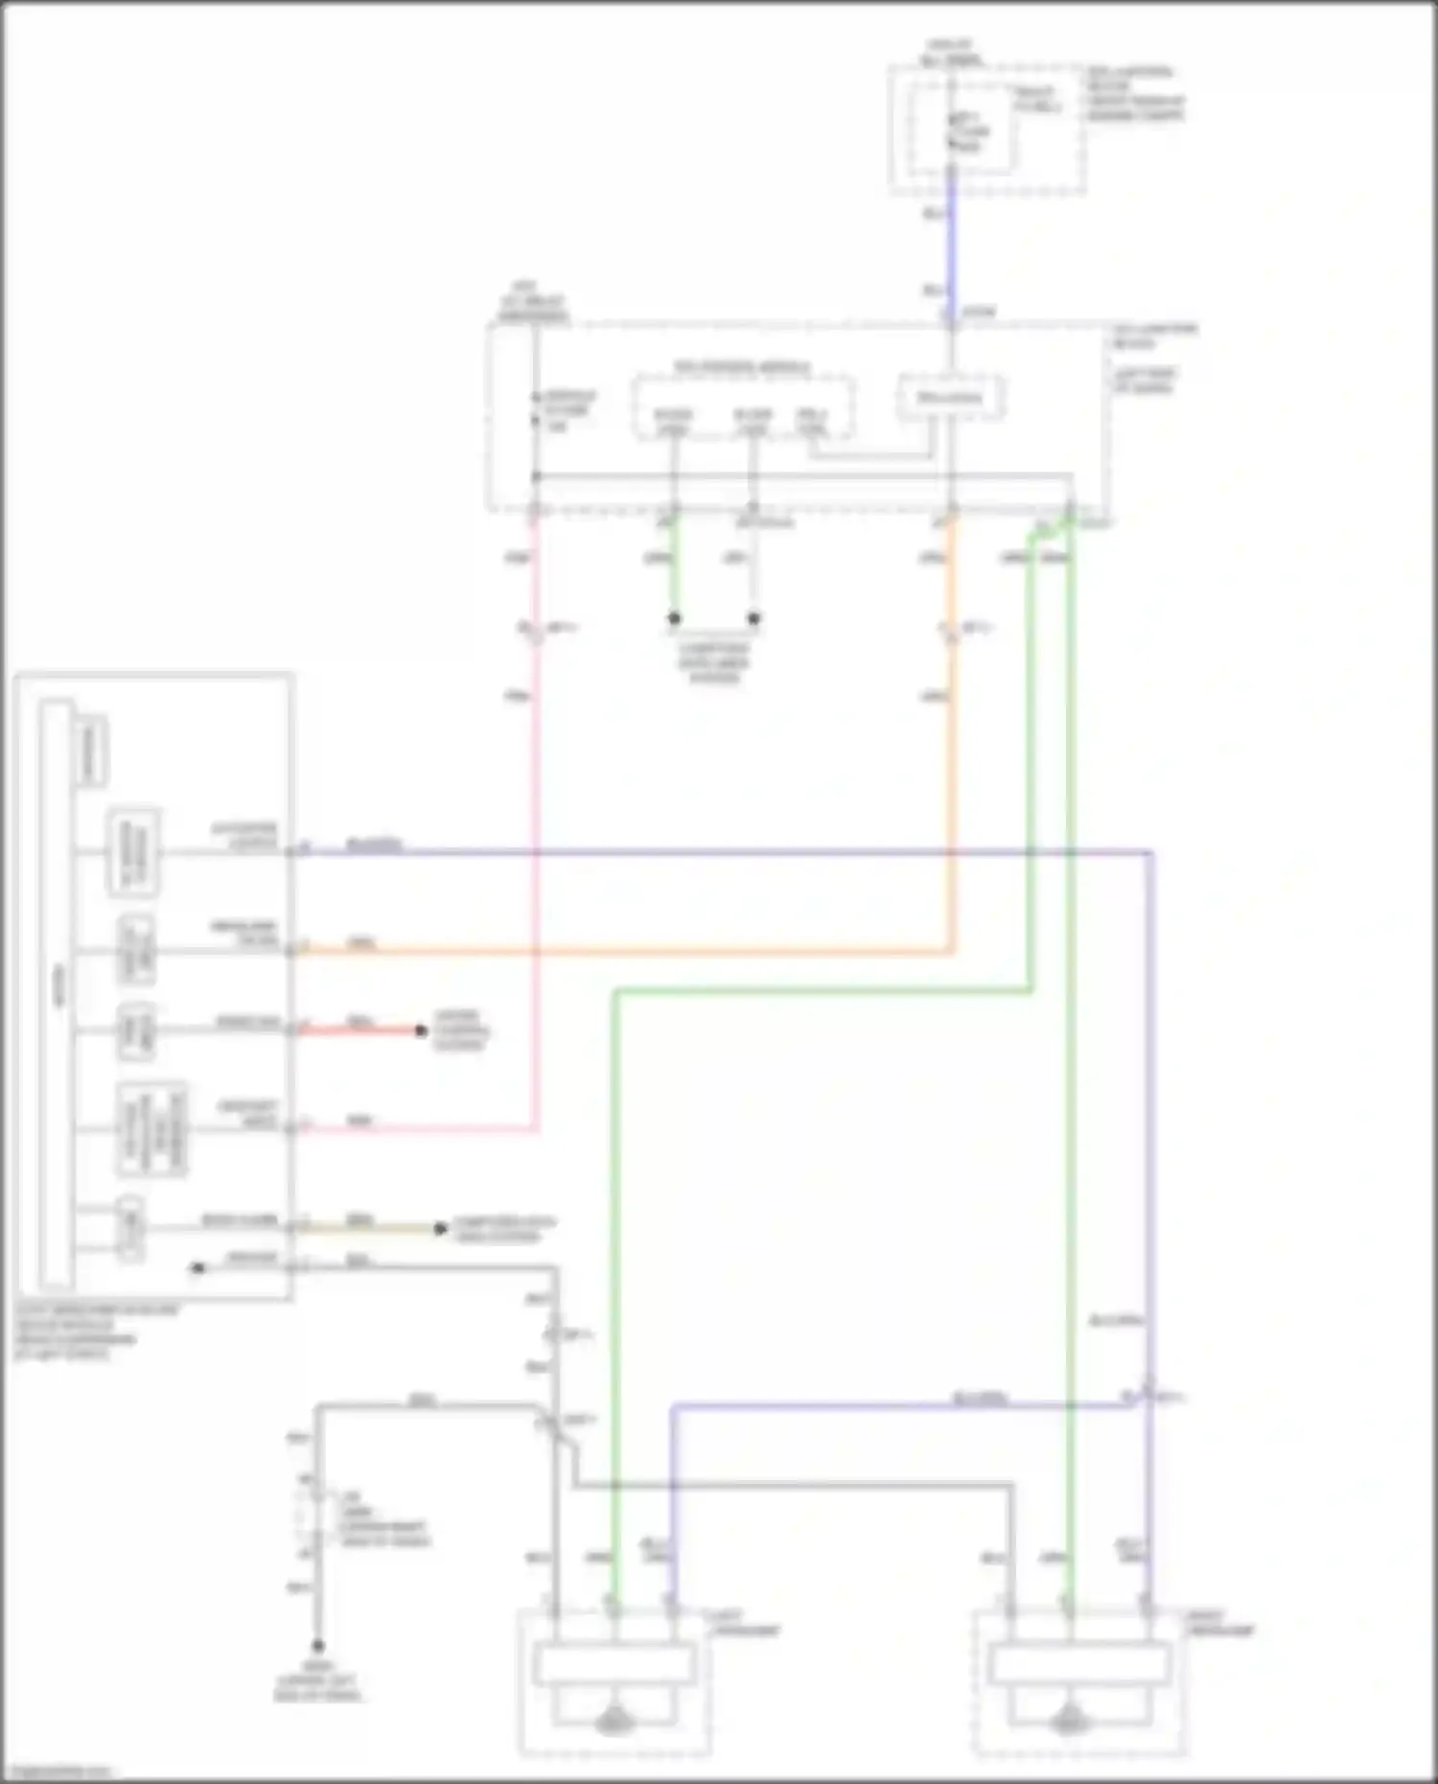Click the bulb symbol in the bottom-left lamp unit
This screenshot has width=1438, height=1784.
615,1723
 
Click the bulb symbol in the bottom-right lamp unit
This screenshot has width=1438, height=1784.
1067,1723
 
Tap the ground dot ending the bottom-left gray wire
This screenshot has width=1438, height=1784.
317,1645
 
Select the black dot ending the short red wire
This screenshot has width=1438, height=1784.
421,1031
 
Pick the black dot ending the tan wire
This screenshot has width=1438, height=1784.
440,1228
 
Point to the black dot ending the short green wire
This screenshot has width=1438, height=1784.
674,618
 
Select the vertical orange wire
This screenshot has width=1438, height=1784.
951,767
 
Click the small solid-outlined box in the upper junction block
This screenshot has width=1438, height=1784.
950,397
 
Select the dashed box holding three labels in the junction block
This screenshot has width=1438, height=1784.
742,408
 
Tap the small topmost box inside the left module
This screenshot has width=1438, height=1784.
91,751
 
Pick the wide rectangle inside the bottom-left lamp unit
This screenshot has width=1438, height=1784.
615,1663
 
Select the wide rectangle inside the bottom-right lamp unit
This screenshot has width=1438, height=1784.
1079,1663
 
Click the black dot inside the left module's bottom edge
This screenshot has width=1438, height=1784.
198,1267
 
